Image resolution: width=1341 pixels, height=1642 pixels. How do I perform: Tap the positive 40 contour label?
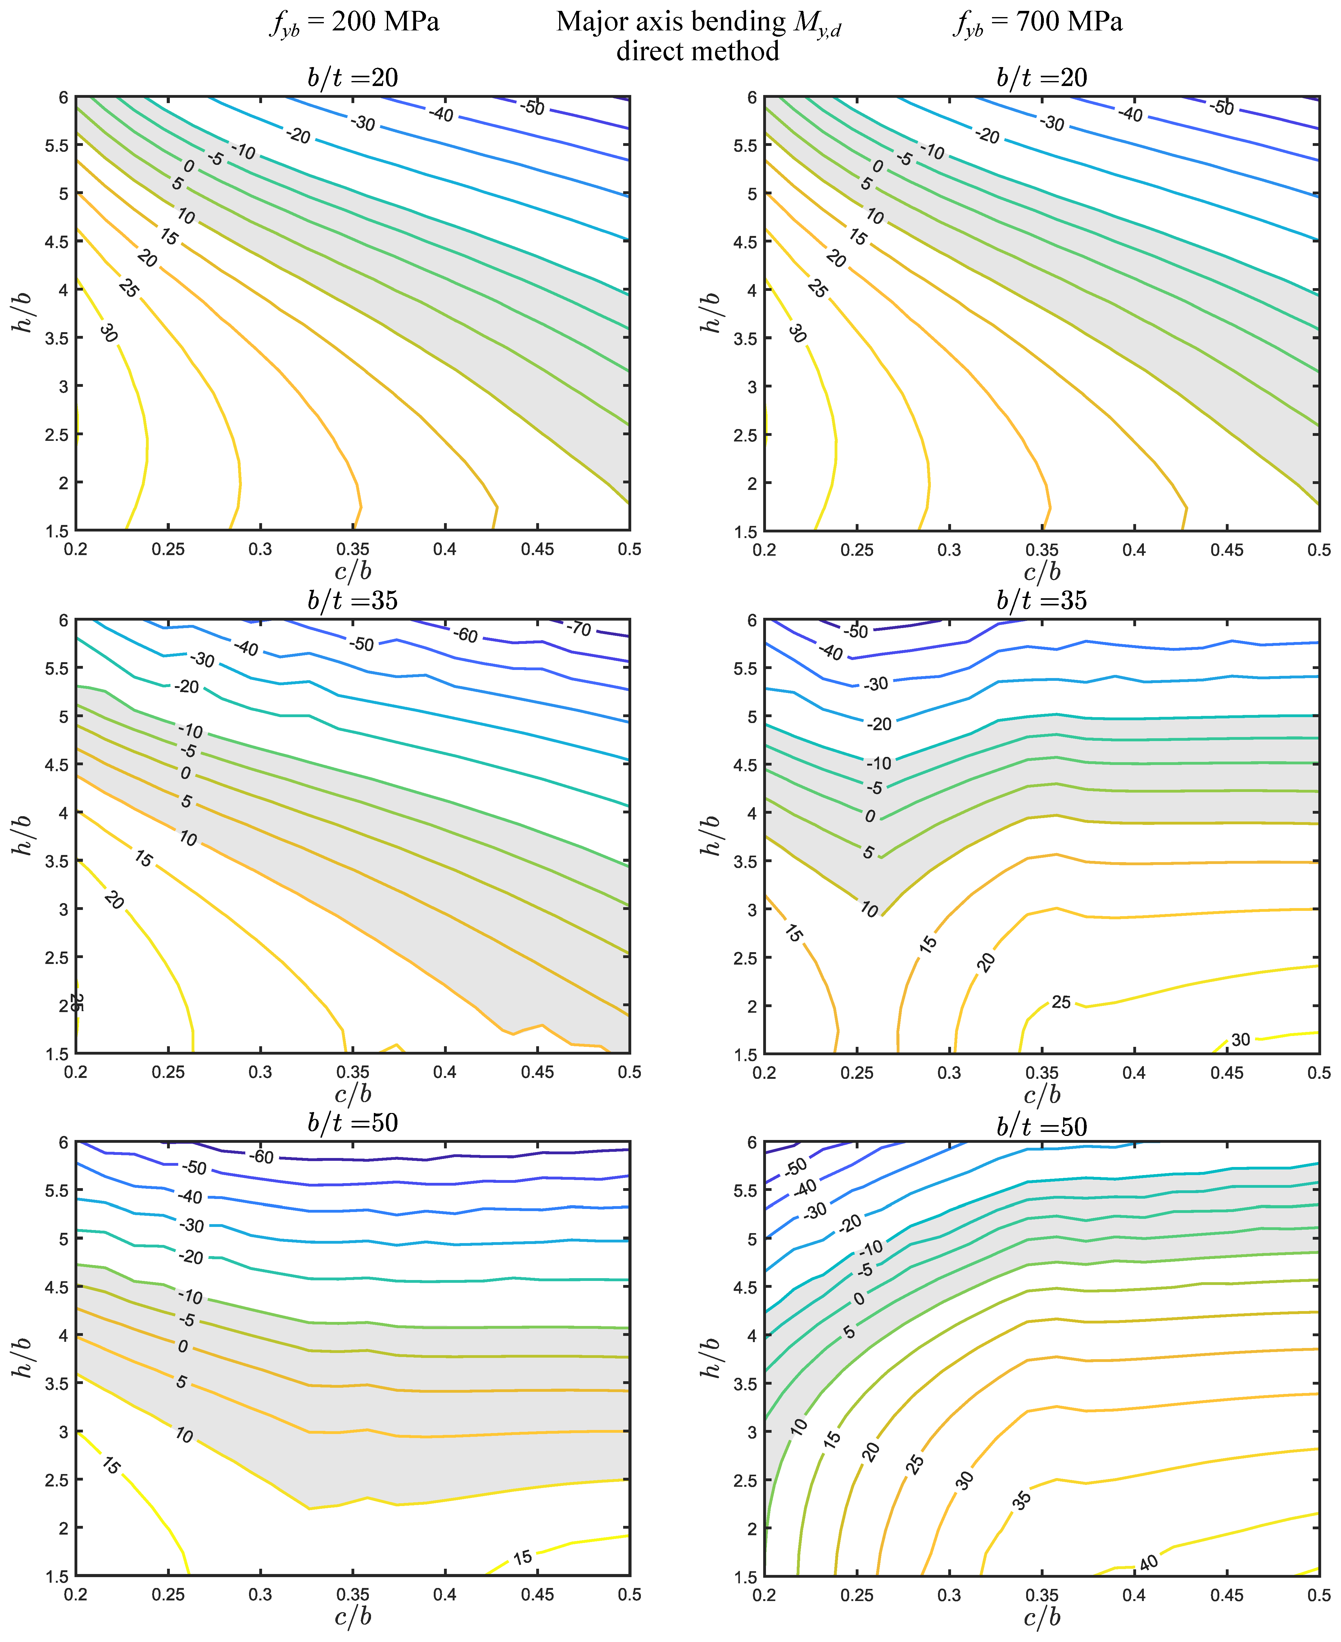1149,1563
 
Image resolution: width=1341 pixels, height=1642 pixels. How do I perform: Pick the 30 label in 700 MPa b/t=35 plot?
1240,1040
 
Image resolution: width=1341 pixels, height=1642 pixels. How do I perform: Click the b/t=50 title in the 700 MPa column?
1041,1127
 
